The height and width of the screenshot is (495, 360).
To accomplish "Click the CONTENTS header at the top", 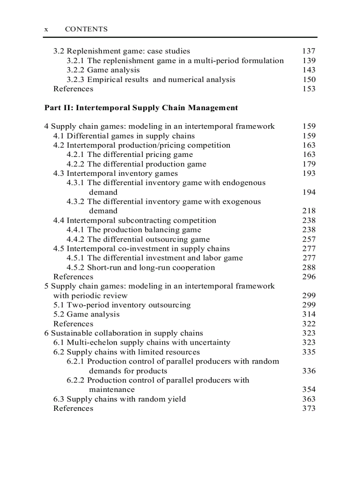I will pyautogui.click(x=86, y=29).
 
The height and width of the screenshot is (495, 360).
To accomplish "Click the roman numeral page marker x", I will pyautogui.click(x=46, y=30).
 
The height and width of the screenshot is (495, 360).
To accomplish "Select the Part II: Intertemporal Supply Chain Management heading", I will pyautogui.click(x=141, y=108).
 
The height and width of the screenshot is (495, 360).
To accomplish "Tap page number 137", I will pyautogui.click(x=309, y=51).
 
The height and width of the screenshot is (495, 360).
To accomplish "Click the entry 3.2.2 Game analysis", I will pyautogui.click(x=103, y=70).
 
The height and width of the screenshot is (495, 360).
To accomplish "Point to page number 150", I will pyautogui.click(x=309, y=79).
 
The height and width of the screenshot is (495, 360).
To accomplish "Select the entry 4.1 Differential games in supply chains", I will pyautogui.click(x=124, y=136).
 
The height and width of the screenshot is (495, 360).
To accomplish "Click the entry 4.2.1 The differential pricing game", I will pyautogui.click(x=130, y=154).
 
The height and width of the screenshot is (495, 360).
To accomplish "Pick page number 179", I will pyautogui.click(x=309, y=164).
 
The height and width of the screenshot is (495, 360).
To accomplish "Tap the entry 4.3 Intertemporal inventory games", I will pyautogui.click(x=116, y=173).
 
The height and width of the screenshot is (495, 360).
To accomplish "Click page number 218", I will pyautogui.click(x=309, y=211).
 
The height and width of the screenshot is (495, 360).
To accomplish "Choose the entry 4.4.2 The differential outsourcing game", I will pyautogui.click(x=138, y=239).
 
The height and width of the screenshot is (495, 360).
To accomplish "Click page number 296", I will pyautogui.click(x=309, y=277).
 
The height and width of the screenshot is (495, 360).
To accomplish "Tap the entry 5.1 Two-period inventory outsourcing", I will pyautogui.click(x=122, y=305).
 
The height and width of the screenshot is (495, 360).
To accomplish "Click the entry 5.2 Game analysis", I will pyautogui.click(x=86, y=314).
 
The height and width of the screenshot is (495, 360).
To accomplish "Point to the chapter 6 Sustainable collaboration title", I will pyautogui.click(x=124, y=333).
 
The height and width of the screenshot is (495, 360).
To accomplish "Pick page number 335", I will pyautogui.click(x=309, y=352).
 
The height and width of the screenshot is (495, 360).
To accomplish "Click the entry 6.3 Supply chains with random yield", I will pyautogui.click(x=120, y=399).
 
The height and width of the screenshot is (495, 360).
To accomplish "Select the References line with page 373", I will pyautogui.click(x=73, y=408).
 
